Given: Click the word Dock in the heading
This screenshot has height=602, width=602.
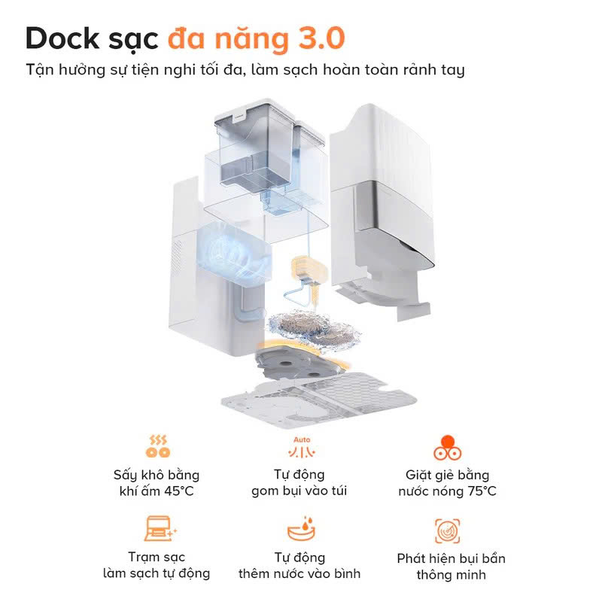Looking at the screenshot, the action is [x=62, y=38].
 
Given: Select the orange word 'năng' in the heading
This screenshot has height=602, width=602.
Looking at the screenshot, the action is [x=251, y=40].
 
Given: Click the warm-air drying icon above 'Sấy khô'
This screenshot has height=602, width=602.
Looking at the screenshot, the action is [x=157, y=446].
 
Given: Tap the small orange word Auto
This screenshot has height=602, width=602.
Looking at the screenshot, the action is [x=302, y=439].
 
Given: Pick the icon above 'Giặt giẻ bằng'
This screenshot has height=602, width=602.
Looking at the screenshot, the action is [x=447, y=447].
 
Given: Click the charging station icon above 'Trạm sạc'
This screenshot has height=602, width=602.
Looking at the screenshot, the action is [x=160, y=529].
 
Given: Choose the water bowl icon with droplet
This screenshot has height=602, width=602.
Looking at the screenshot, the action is [x=302, y=529].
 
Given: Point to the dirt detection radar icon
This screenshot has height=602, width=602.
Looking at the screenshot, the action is [x=447, y=531].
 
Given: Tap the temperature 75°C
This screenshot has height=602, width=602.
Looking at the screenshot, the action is [x=482, y=491].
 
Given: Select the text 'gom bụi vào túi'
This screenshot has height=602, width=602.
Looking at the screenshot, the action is [x=299, y=491].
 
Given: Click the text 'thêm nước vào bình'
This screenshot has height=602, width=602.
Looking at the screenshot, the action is [x=299, y=573].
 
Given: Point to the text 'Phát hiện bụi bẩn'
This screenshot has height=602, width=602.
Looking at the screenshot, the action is [x=451, y=558].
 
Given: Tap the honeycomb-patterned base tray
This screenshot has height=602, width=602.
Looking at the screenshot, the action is [x=318, y=400].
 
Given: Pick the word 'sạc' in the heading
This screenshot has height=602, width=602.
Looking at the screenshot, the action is [x=133, y=40].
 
